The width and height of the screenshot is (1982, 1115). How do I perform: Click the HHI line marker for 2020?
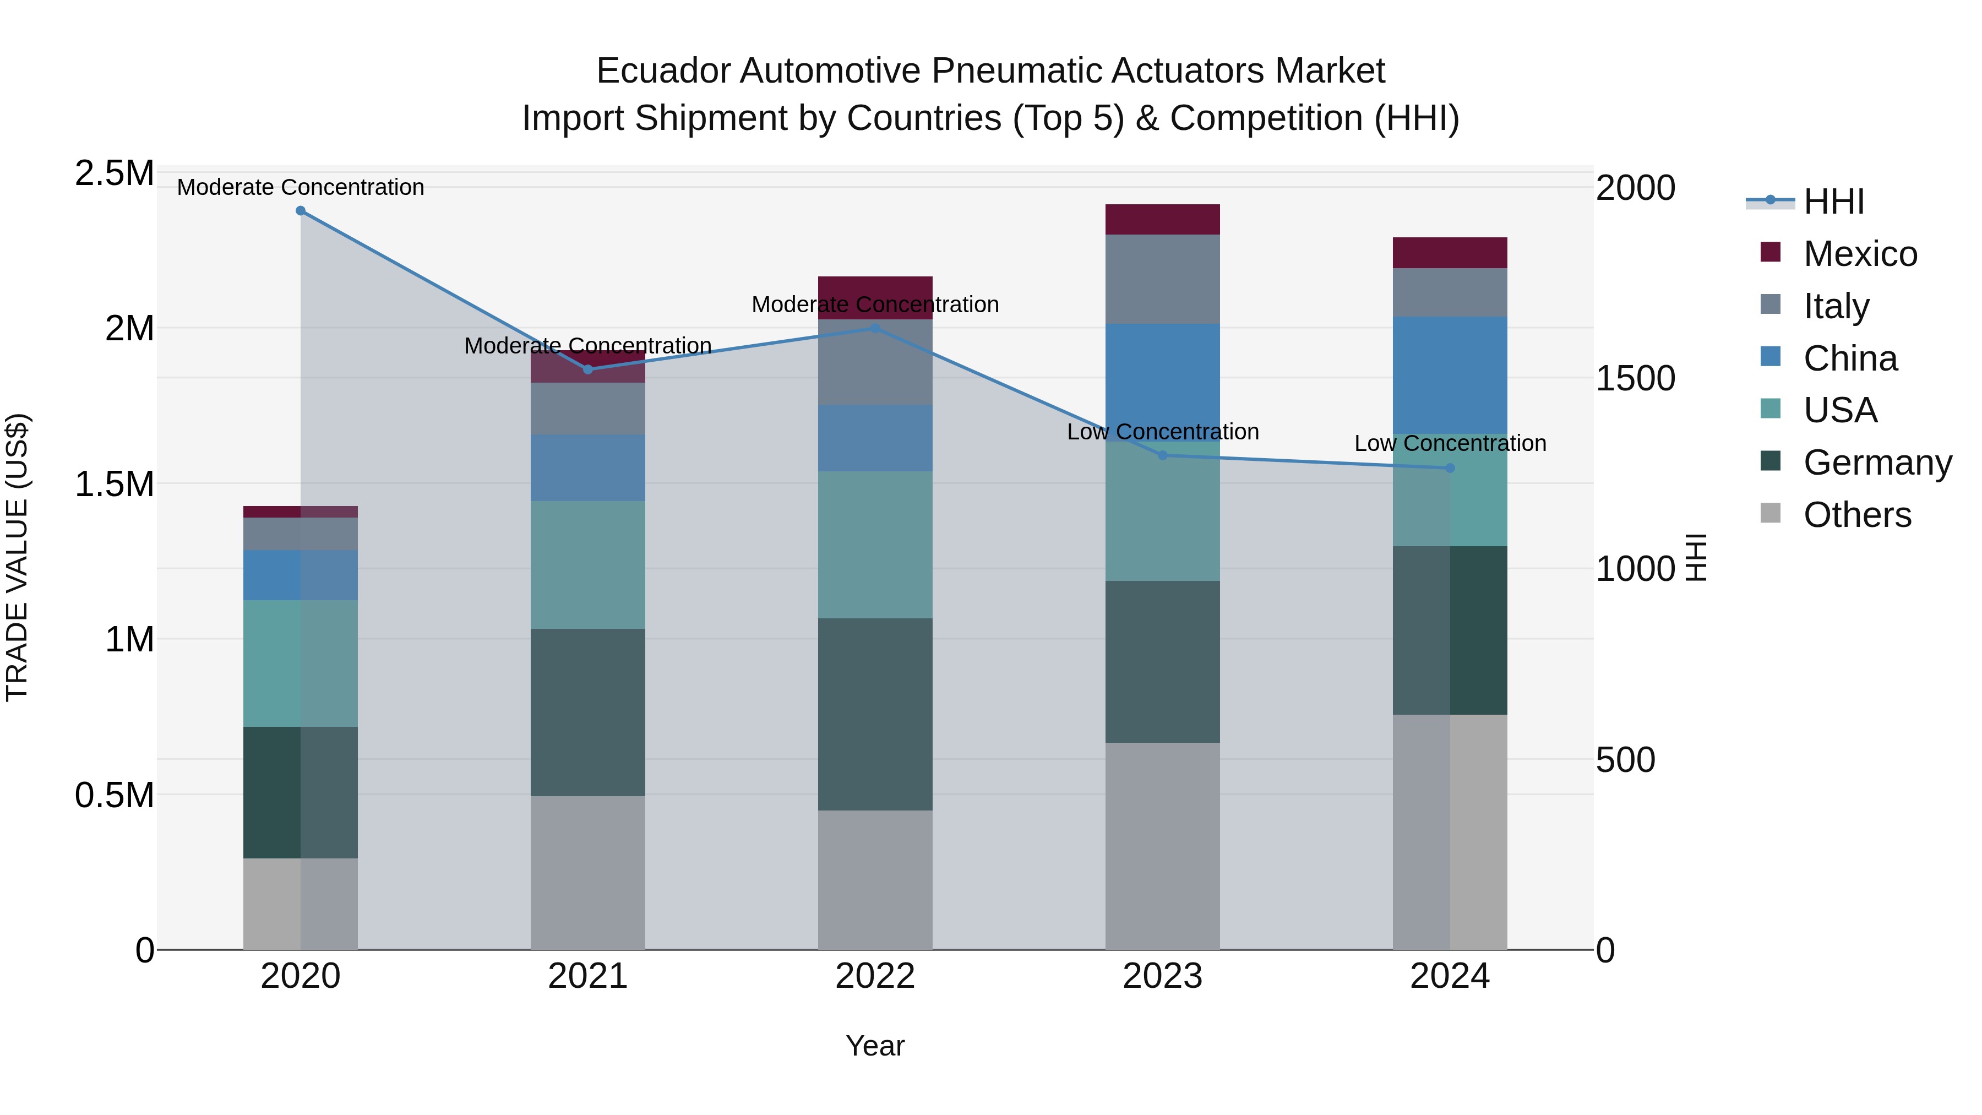(x=301, y=211)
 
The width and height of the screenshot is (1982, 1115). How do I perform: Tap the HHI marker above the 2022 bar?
(x=875, y=329)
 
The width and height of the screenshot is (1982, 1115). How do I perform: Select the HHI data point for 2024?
(x=1450, y=468)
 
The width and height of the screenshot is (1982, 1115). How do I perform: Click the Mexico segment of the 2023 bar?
(x=1163, y=219)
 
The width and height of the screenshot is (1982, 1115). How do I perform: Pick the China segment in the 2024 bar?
(x=1450, y=375)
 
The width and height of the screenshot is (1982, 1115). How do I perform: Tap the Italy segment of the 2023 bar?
(x=1163, y=279)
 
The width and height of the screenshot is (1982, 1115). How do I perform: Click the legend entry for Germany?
(x=1877, y=463)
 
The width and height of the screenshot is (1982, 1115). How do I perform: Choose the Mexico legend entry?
(x=1860, y=254)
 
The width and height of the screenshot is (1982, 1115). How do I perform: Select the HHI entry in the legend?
(x=1833, y=202)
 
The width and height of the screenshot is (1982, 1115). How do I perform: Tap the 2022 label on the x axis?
(x=875, y=976)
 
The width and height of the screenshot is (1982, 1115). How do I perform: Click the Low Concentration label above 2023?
(x=1163, y=432)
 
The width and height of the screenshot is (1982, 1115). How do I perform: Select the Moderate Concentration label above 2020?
(x=301, y=187)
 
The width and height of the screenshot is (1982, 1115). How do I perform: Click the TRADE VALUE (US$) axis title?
(x=17, y=557)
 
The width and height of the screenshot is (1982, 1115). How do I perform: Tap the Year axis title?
(x=875, y=1046)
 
